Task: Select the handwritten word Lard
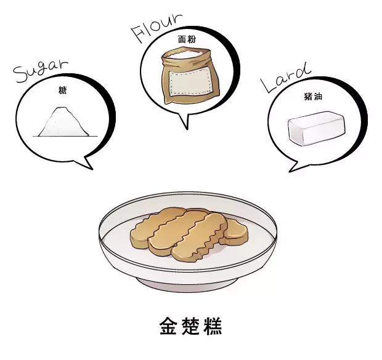285,77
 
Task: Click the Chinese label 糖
62,90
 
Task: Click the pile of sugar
62,122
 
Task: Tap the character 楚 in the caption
190,326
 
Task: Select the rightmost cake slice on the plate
236,230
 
